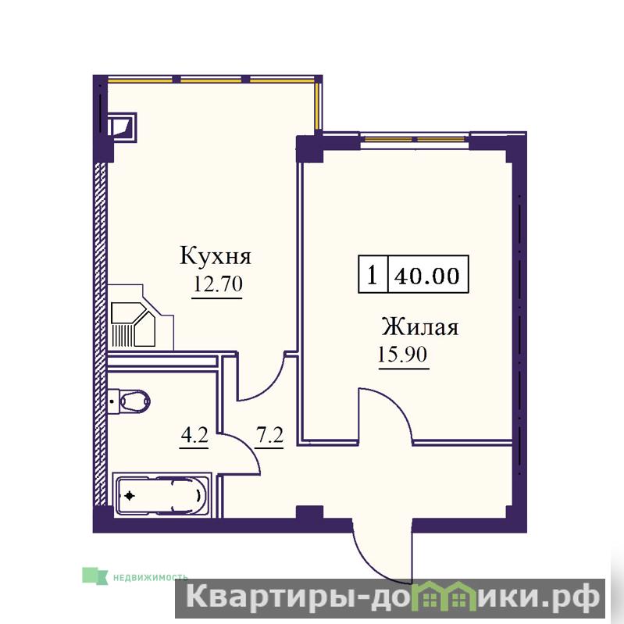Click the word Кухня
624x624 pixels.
(x=216, y=256)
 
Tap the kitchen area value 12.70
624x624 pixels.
(x=218, y=284)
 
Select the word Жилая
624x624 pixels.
(x=420, y=327)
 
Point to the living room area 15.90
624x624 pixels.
(x=402, y=355)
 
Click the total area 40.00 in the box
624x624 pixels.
(x=427, y=276)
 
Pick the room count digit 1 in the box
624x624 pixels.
(x=373, y=275)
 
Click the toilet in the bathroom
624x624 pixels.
(x=129, y=401)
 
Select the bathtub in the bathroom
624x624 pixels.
(x=162, y=495)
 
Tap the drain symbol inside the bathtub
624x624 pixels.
(x=130, y=496)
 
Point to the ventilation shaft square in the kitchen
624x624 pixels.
(x=122, y=127)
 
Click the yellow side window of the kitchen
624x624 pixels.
(x=318, y=105)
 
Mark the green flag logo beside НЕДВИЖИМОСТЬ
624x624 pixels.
(x=94, y=576)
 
